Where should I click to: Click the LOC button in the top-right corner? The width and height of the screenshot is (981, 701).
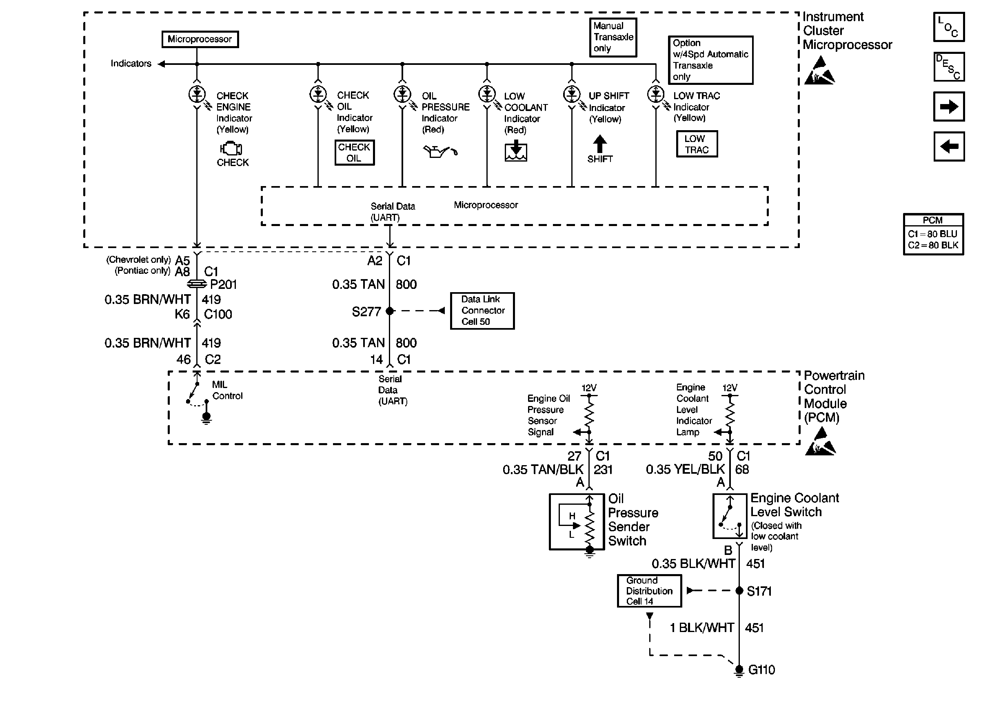point(948,27)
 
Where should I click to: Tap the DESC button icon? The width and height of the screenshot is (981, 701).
point(948,67)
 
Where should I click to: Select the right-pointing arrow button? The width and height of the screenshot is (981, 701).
point(948,106)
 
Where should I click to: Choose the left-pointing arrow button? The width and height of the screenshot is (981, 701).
point(948,146)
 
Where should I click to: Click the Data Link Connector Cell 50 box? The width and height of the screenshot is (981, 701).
point(482,311)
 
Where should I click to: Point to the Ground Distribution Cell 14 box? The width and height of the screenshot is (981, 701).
point(649,590)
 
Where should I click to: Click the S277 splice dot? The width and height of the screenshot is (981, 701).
point(390,311)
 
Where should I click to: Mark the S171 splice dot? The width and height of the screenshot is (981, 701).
point(739,590)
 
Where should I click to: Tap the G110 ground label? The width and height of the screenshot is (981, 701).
point(761,670)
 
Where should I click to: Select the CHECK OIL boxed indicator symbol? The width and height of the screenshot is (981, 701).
point(354,152)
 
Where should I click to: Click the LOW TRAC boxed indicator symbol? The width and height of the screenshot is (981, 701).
point(696,144)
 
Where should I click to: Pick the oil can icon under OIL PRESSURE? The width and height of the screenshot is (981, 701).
point(439,152)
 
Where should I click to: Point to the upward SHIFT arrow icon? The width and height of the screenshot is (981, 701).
point(599,144)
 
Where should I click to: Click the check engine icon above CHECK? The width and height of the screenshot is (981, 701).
point(231,149)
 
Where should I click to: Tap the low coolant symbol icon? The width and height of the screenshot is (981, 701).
point(516,151)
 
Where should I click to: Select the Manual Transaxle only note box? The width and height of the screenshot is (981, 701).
point(613,37)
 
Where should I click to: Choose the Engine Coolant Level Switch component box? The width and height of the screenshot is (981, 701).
point(729,516)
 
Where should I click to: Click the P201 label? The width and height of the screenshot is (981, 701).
point(223,284)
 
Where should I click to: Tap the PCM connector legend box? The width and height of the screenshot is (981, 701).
point(933,234)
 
